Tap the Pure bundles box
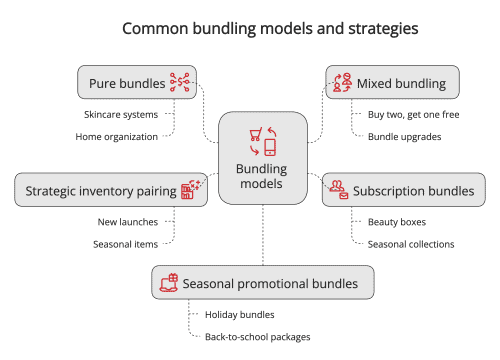(137, 82)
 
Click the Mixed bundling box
(393, 82)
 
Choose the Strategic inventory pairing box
(111, 189)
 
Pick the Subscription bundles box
(404, 189)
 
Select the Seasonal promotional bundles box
(263, 283)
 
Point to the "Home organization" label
(117, 136)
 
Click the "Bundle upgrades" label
(404, 136)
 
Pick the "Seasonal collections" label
(411, 243)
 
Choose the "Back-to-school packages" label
(258, 337)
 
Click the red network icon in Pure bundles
(180, 82)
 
